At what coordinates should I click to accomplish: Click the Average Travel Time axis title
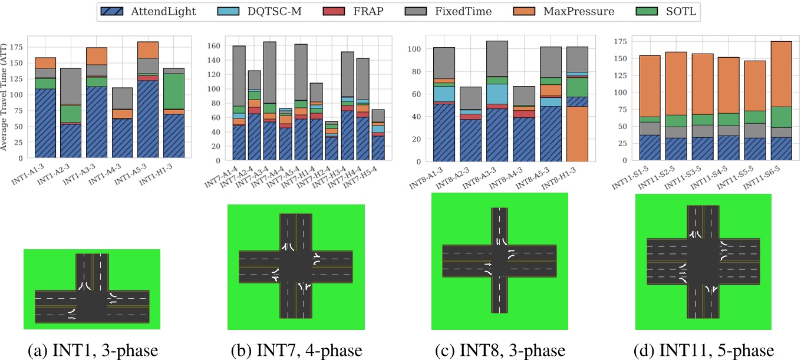[5, 97]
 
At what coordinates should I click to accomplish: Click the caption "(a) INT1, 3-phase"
[93, 351]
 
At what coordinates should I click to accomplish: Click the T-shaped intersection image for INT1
[92, 289]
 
